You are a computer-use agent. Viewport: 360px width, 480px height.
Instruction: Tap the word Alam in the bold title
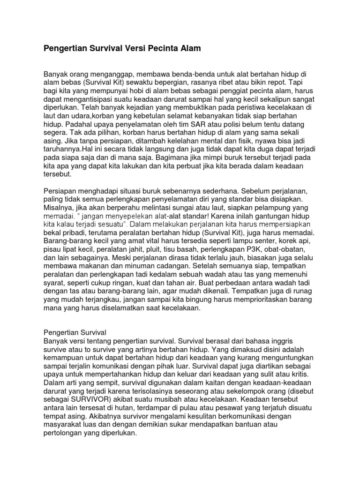pyautogui.click(x=190, y=48)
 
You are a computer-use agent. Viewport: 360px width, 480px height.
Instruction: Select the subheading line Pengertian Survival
pyautogui.click(x=75, y=332)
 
